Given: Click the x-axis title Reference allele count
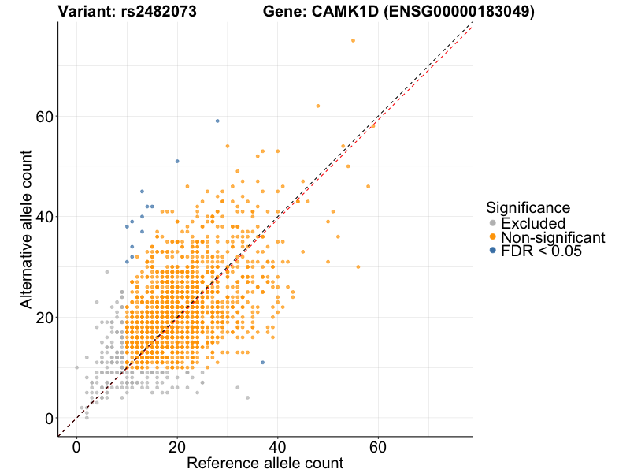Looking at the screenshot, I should point(265,463).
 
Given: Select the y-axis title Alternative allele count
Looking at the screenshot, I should point(26,229).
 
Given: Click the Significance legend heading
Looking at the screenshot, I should point(528,207).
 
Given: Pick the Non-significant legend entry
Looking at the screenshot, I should point(552,237).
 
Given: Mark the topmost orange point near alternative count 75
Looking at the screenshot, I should point(353,40).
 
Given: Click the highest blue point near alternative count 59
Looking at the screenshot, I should point(217,121).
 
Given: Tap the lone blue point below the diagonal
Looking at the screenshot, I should point(262,363).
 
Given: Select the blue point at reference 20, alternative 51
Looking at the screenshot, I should point(177,161).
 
